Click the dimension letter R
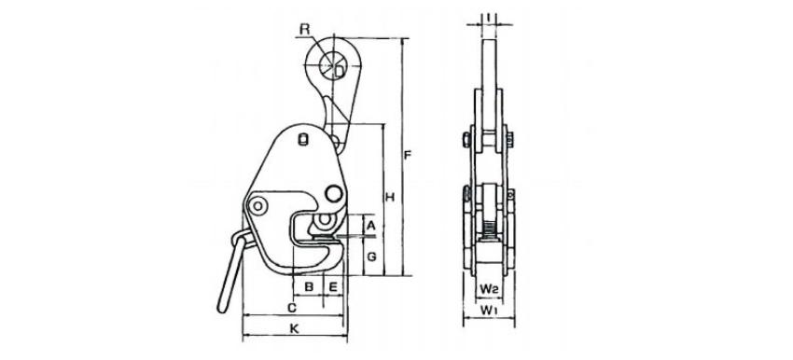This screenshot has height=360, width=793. point(304,29)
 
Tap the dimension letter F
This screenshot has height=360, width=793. point(408,155)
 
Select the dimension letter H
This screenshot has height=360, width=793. point(390,197)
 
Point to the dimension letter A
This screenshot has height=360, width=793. point(370,226)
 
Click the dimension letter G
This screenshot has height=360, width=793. point(371,256)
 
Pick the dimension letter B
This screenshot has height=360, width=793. point(309,286)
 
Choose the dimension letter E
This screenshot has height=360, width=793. point(333,286)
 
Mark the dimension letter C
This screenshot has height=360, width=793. point(291,307)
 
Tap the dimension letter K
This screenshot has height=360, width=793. point(294,328)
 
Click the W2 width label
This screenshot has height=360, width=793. point(490,289)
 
